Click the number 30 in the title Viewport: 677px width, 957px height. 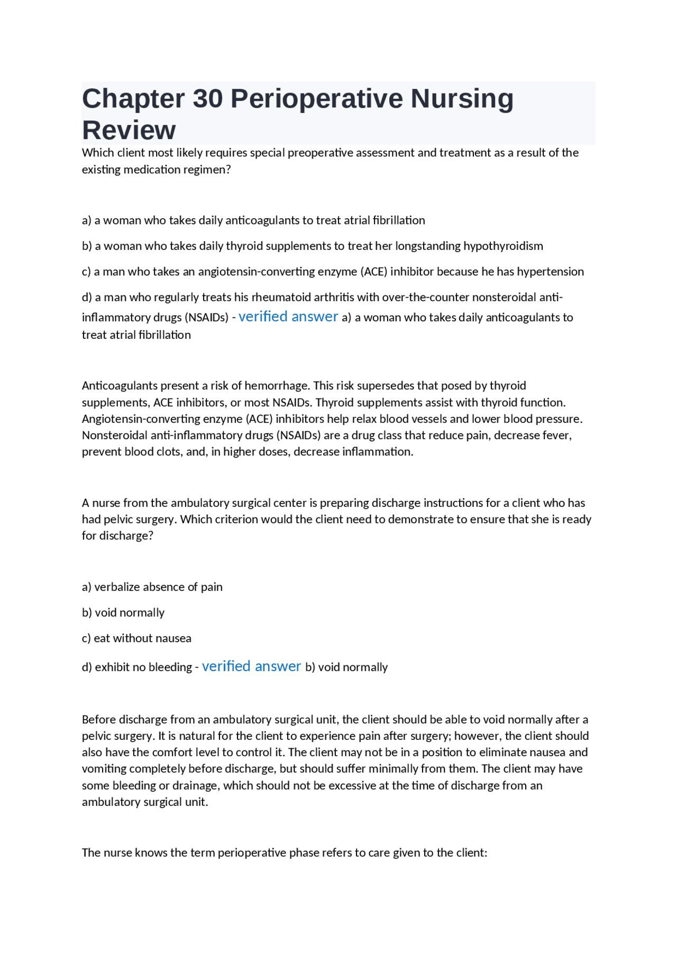coord(207,99)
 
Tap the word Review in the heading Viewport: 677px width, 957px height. coord(129,131)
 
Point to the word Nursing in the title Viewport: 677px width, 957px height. coord(462,99)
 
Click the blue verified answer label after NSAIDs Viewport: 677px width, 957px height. coord(288,317)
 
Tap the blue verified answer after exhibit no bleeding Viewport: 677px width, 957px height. coord(251,666)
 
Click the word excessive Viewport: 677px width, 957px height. coord(353,786)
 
